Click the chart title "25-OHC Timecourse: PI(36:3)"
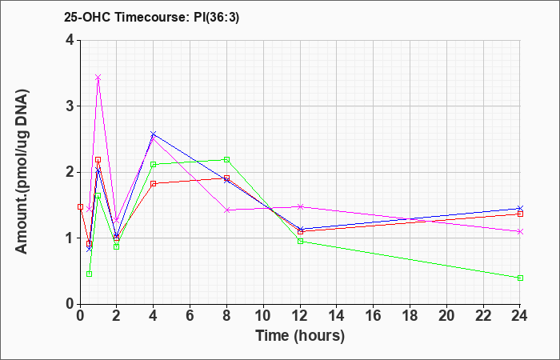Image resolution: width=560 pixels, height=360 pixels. point(151,17)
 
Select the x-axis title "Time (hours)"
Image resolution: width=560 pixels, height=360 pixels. point(300,336)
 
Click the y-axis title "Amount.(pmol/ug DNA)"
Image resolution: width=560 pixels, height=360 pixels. point(22,171)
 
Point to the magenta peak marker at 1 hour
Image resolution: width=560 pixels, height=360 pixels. point(98,78)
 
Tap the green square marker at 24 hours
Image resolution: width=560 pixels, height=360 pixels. point(520,278)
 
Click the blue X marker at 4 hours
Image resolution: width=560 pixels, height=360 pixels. point(154,134)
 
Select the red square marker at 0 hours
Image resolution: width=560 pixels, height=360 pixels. point(80,206)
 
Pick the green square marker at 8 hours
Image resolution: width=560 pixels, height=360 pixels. point(226,160)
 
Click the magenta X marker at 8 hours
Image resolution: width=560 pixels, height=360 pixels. point(226,210)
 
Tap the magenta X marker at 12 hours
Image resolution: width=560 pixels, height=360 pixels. point(300,206)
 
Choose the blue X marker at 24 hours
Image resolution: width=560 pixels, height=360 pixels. point(520,208)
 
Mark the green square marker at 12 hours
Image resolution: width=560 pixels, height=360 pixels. point(300,242)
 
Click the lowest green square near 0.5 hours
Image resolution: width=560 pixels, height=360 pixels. point(90,274)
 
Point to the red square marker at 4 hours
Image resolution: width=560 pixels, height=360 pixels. point(154,183)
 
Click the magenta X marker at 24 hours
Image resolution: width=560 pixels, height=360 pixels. point(520,232)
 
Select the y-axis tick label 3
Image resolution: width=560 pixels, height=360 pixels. point(70,106)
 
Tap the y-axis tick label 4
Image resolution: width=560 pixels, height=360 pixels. point(70,40)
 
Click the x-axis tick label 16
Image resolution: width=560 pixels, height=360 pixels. point(374,315)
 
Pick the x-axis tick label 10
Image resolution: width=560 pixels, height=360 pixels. point(263,315)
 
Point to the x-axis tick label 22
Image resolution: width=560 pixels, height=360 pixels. point(483,315)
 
